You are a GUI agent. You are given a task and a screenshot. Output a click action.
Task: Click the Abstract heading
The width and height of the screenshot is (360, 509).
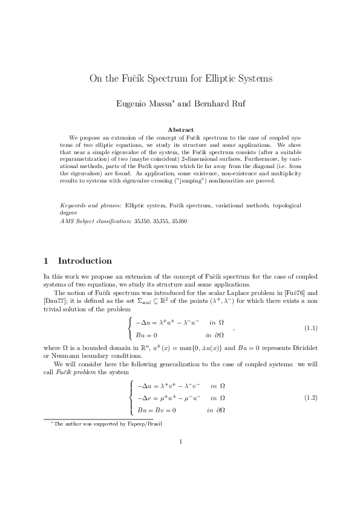point(180,130)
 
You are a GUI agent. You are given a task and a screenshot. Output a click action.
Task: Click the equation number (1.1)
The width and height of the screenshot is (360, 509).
point(311,328)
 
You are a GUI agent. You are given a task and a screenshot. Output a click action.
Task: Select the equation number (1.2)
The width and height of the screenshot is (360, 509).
point(311,397)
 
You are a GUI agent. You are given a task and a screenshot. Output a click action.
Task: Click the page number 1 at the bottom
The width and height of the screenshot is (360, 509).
point(180,441)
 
